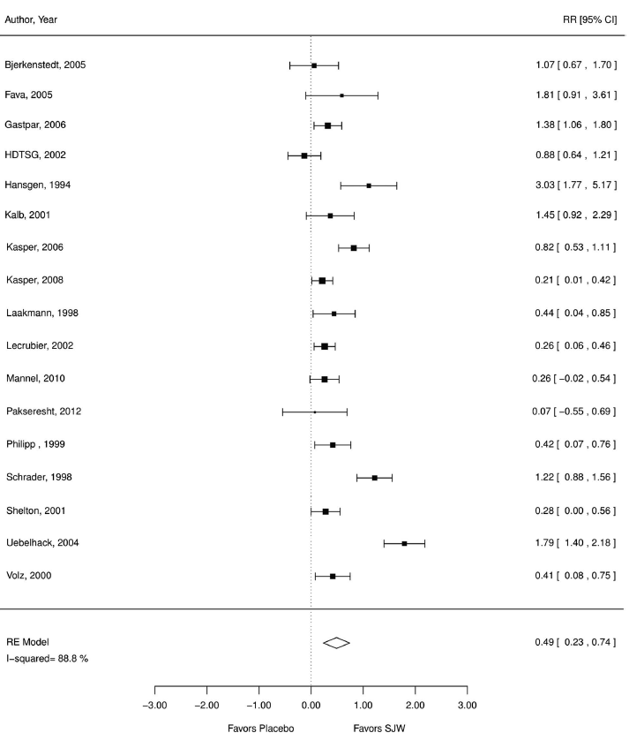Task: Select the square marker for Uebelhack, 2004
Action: point(404,543)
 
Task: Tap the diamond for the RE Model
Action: point(336,643)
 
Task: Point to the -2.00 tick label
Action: point(206,705)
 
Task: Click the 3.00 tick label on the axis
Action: point(468,705)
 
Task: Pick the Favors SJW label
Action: point(379,729)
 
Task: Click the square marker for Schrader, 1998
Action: point(374,478)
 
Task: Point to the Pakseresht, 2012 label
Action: point(41,412)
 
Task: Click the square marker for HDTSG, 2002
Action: point(304,155)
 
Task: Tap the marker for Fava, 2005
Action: point(341,94)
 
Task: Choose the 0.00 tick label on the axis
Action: point(311,705)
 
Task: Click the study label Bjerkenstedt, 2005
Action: point(46,64)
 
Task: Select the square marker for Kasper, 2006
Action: point(354,247)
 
